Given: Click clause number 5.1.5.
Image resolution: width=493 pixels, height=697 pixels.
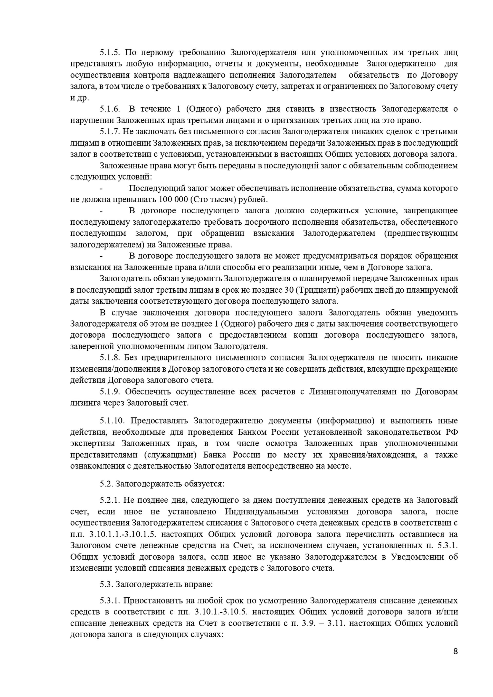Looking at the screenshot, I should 110,53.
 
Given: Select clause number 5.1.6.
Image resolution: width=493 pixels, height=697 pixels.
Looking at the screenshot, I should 110,109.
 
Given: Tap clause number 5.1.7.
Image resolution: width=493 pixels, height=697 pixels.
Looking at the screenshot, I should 110,132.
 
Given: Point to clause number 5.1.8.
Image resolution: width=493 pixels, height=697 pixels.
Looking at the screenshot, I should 110,358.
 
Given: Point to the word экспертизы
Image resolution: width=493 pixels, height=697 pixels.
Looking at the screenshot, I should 93,444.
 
